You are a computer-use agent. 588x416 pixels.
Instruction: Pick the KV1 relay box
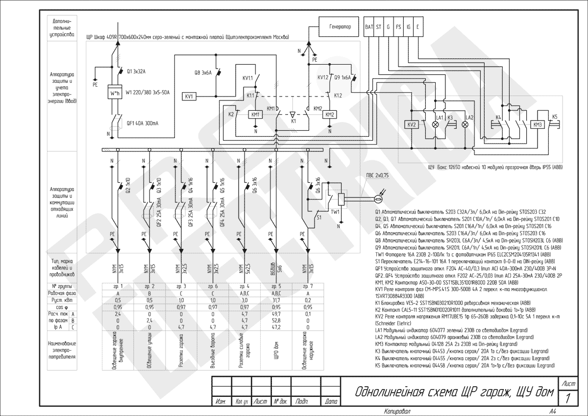pos(190,97)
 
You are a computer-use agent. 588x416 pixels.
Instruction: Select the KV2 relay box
pos(412,125)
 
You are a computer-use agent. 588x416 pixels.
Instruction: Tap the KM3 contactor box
pos(538,125)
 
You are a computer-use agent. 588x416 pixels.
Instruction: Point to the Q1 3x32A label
pos(136,72)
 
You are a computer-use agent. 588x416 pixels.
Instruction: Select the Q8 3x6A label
pos(203,73)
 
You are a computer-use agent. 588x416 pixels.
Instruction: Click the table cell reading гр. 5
pos(275,286)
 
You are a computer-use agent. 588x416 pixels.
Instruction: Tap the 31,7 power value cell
pos(275,300)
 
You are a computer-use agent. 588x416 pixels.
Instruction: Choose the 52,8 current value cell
pos(275,320)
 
